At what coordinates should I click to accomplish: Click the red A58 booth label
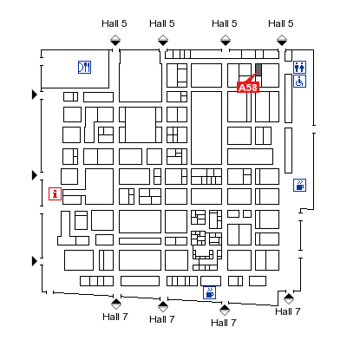(248, 87)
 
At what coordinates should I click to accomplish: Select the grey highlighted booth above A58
(259, 70)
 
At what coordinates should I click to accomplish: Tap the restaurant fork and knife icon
(84, 67)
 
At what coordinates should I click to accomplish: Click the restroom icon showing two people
(299, 67)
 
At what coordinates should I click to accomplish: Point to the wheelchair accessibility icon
(299, 82)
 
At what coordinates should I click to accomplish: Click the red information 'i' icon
(55, 193)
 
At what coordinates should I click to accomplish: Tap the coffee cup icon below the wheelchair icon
(299, 185)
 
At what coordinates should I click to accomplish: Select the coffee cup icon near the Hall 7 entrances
(209, 292)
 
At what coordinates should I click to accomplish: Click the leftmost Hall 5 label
(115, 23)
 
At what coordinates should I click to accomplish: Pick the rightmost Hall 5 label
(281, 23)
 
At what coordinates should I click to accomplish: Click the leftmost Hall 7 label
(115, 317)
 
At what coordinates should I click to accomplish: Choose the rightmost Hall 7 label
(288, 311)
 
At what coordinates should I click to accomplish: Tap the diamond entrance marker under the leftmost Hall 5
(115, 40)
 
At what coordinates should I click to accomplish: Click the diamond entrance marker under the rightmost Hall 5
(282, 40)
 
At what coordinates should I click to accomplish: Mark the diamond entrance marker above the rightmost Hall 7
(289, 299)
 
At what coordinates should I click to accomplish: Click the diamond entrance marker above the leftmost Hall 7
(116, 304)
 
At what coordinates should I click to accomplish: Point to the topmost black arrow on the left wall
(35, 95)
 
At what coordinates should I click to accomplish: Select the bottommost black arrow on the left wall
(35, 261)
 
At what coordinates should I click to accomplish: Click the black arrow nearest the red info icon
(35, 175)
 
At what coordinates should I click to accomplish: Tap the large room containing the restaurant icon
(75, 69)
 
